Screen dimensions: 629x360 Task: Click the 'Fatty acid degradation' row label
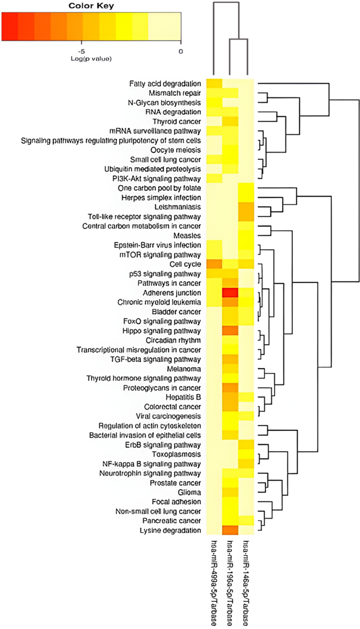click(x=165, y=84)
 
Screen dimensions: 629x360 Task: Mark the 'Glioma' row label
click(x=189, y=492)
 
